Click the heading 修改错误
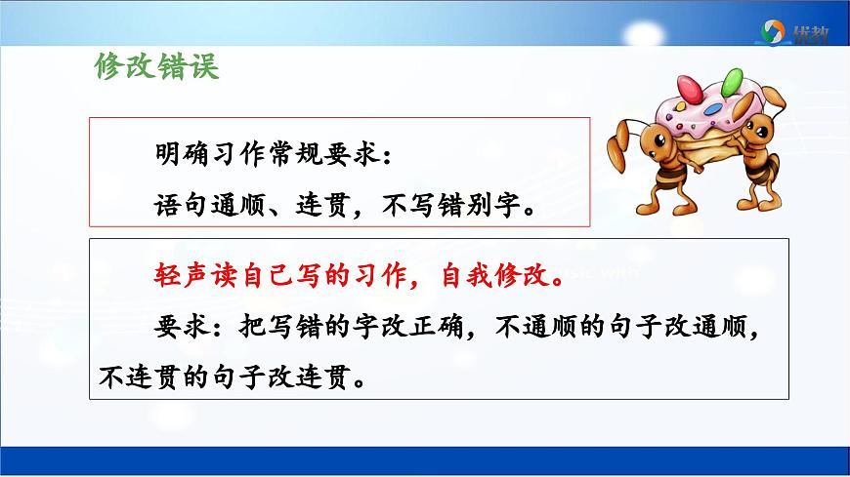[157, 66]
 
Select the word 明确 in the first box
[175, 153]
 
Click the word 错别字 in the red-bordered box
[489, 207]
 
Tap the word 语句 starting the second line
[176, 207]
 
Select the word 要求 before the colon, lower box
[176, 326]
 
